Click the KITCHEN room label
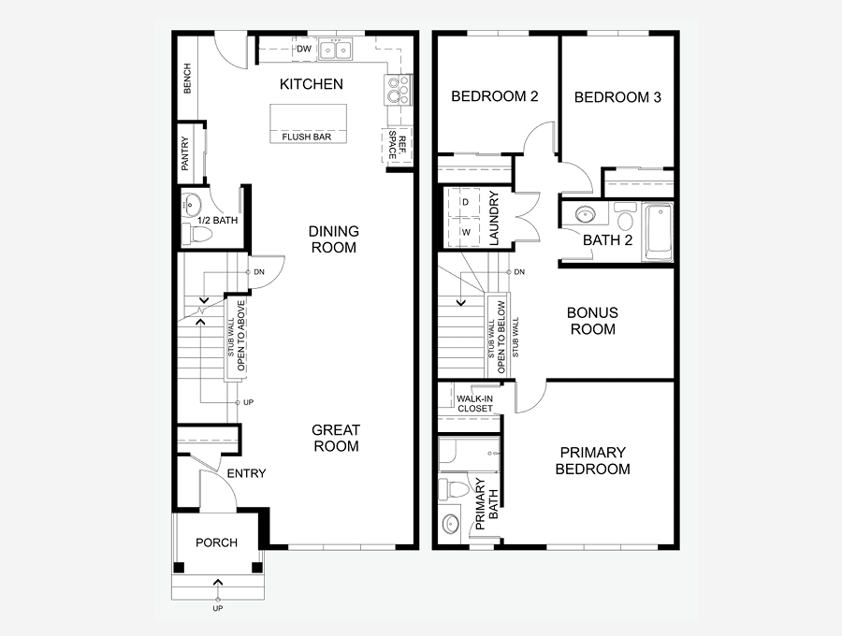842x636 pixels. (312, 84)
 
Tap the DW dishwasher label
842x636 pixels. (304, 49)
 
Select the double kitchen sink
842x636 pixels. (335, 50)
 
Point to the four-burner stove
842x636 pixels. (398, 90)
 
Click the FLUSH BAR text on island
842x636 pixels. (307, 137)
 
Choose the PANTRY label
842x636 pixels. (185, 153)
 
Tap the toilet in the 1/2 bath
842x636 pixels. (196, 235)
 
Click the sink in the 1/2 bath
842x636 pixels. (191, 205)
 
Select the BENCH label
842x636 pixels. (187, 79)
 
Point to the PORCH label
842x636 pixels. (216, 542)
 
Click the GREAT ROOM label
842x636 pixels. (336, 438)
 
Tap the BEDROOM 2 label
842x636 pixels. (495, 96)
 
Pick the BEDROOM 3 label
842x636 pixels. (617, 97)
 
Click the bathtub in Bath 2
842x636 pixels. (658, 231)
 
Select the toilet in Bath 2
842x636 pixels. (625, 215)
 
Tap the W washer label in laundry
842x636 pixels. (466, 233)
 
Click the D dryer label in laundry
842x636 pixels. (466, 202)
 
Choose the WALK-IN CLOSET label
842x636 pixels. (474, 404)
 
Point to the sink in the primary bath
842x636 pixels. (449, 523)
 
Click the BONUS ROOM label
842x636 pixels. (593, 321)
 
